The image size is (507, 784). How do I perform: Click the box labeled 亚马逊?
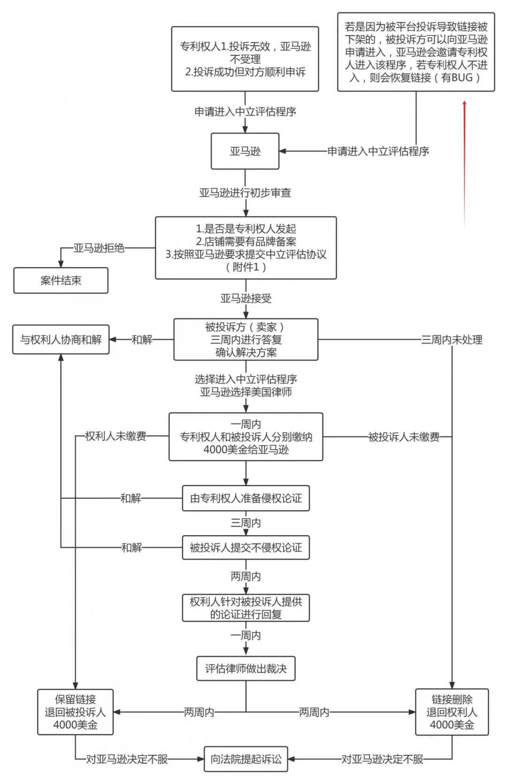(245, 151)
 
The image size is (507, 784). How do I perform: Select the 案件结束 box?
(61, 281)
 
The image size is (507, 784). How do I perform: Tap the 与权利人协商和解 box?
(61, 339)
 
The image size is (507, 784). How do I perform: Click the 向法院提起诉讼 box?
(246, 759)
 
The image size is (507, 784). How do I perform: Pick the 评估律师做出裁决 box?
(246, 669)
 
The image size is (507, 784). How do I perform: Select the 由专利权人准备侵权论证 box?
(246, 499)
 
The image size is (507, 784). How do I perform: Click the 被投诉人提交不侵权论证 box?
(246, 547)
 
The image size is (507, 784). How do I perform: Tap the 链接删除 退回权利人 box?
(452, 712)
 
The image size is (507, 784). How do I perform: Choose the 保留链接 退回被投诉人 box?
(75, 712)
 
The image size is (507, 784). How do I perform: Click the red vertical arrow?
(465, 164)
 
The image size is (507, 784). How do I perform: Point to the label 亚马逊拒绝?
(99, 248)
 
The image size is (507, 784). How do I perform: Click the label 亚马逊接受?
(246, 299)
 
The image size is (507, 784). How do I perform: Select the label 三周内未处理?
(452, 340)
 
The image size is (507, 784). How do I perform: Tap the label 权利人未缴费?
(115, 436)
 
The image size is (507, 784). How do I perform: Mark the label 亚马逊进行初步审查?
(245, 193)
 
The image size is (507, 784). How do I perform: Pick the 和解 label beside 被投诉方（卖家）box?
(142, 340)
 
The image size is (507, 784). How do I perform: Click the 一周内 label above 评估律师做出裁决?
(246, 636)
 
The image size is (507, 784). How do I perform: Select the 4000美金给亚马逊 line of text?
(246, 450)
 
